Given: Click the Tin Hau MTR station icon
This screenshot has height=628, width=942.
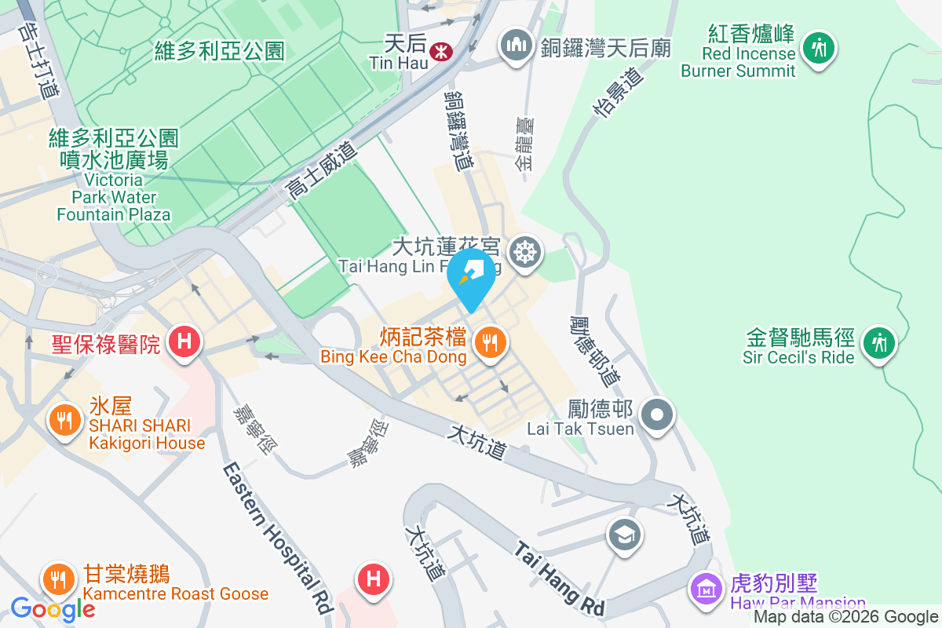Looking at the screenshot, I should (x=440, y=50).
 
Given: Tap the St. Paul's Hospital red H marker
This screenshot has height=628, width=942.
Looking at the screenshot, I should (x=184, y=342).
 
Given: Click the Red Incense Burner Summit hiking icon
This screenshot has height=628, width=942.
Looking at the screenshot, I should (x=819, y=48).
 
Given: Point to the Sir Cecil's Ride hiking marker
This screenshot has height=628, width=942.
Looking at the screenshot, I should (x=878, y=343).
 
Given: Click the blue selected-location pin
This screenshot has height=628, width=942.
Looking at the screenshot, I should (x=471, y=275).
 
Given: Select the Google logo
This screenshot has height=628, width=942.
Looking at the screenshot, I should (x=53, y=608).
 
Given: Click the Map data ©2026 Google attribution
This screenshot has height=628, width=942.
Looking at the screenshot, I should (x=846, y=617).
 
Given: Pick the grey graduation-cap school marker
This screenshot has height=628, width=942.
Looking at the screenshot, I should (x=625, y=535).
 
